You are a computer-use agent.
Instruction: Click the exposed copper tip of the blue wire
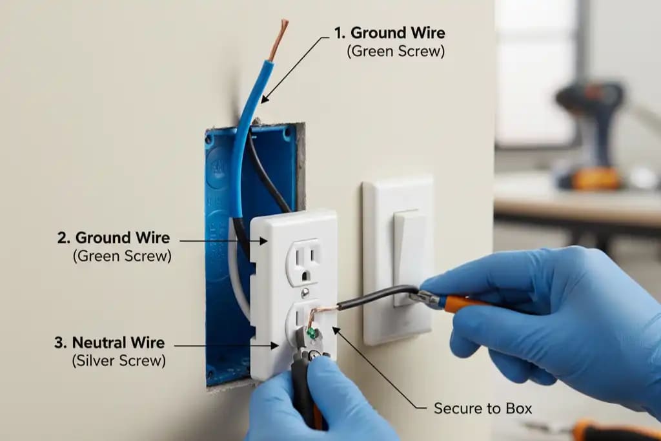(279, 40)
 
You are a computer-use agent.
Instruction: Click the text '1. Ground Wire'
(389, 32)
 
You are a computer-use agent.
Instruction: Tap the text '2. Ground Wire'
(114, 238)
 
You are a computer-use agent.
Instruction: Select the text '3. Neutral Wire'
(110, 342)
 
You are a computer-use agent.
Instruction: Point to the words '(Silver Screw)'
(119, 361)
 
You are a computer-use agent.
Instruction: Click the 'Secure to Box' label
(483, 409)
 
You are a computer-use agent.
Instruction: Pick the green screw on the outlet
(312, 333)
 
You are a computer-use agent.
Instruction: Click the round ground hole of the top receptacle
(306, 276)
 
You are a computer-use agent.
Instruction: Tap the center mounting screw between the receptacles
(305, 292)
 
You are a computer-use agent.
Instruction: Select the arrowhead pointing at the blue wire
(264, 98)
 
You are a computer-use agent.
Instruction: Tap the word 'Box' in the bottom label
(519, 409)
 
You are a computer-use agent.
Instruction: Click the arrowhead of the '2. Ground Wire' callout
(263, 241)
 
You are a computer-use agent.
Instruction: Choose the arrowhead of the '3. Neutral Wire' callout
(274, 345)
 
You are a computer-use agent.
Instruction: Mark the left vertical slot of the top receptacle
(298, 256)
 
